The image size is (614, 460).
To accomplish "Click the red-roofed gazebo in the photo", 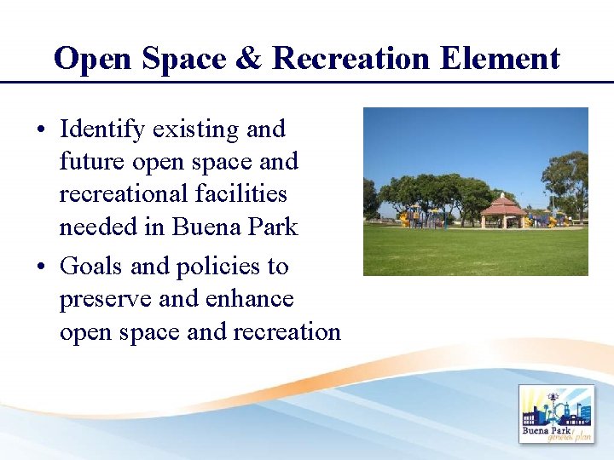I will (503, 210).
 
